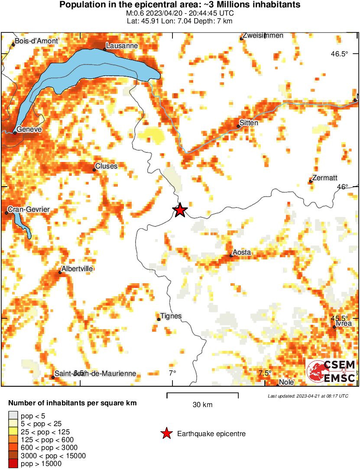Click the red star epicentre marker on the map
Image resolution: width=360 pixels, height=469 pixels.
click(180, 210)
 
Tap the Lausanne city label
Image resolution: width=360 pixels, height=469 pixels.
click(121, 45)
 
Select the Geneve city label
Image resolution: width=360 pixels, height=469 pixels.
click(29, 129)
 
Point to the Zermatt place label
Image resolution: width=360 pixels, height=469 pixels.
click(325, 178)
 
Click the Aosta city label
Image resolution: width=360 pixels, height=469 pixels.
click(242, 252)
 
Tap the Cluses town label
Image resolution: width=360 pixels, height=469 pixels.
click(106, 166)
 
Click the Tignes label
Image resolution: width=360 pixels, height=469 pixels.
click(171, 316)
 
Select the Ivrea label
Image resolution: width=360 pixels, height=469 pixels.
click(344, 323)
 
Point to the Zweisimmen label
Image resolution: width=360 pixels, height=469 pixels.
click(263, 36)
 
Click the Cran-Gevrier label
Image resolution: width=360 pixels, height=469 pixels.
click(29, 210)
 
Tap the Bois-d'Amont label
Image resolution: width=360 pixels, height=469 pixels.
click(36, 41)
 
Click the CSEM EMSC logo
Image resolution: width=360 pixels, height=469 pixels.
click(331, 371)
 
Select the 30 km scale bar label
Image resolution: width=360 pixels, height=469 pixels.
click(202, 405)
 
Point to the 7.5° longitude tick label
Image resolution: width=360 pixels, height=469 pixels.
click(265, 373)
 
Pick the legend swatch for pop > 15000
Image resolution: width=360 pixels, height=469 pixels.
click(13, 464)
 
